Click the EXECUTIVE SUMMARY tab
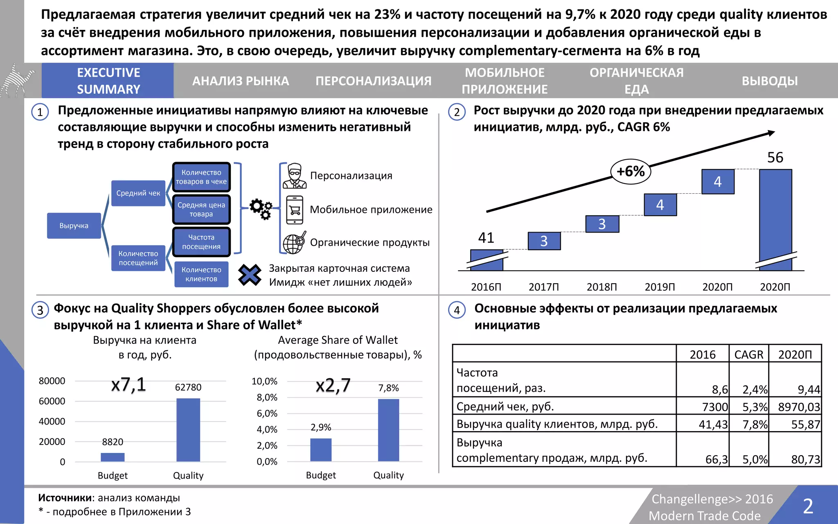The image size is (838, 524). click(108, 81)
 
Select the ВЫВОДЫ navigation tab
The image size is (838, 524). click(769, 81)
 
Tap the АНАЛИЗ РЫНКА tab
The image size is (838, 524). click(241, 81)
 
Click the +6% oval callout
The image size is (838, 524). click(630, 171)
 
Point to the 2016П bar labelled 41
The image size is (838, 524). click(487, 260)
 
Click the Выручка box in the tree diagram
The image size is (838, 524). click(74, 226)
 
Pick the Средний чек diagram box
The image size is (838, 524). click(138, 193)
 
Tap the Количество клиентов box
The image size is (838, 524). click(201, 274)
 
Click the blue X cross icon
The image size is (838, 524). click(250, 275)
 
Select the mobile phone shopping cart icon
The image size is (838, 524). click(295, 210)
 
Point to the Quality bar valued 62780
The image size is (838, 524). click(188, 430)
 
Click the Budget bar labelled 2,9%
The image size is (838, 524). click(321, 449)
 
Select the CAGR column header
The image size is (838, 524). click(749, 355)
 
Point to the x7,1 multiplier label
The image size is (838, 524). click(128, 385)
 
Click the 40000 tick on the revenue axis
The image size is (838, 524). click(52, 421)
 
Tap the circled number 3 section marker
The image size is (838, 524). click(40, 310)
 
